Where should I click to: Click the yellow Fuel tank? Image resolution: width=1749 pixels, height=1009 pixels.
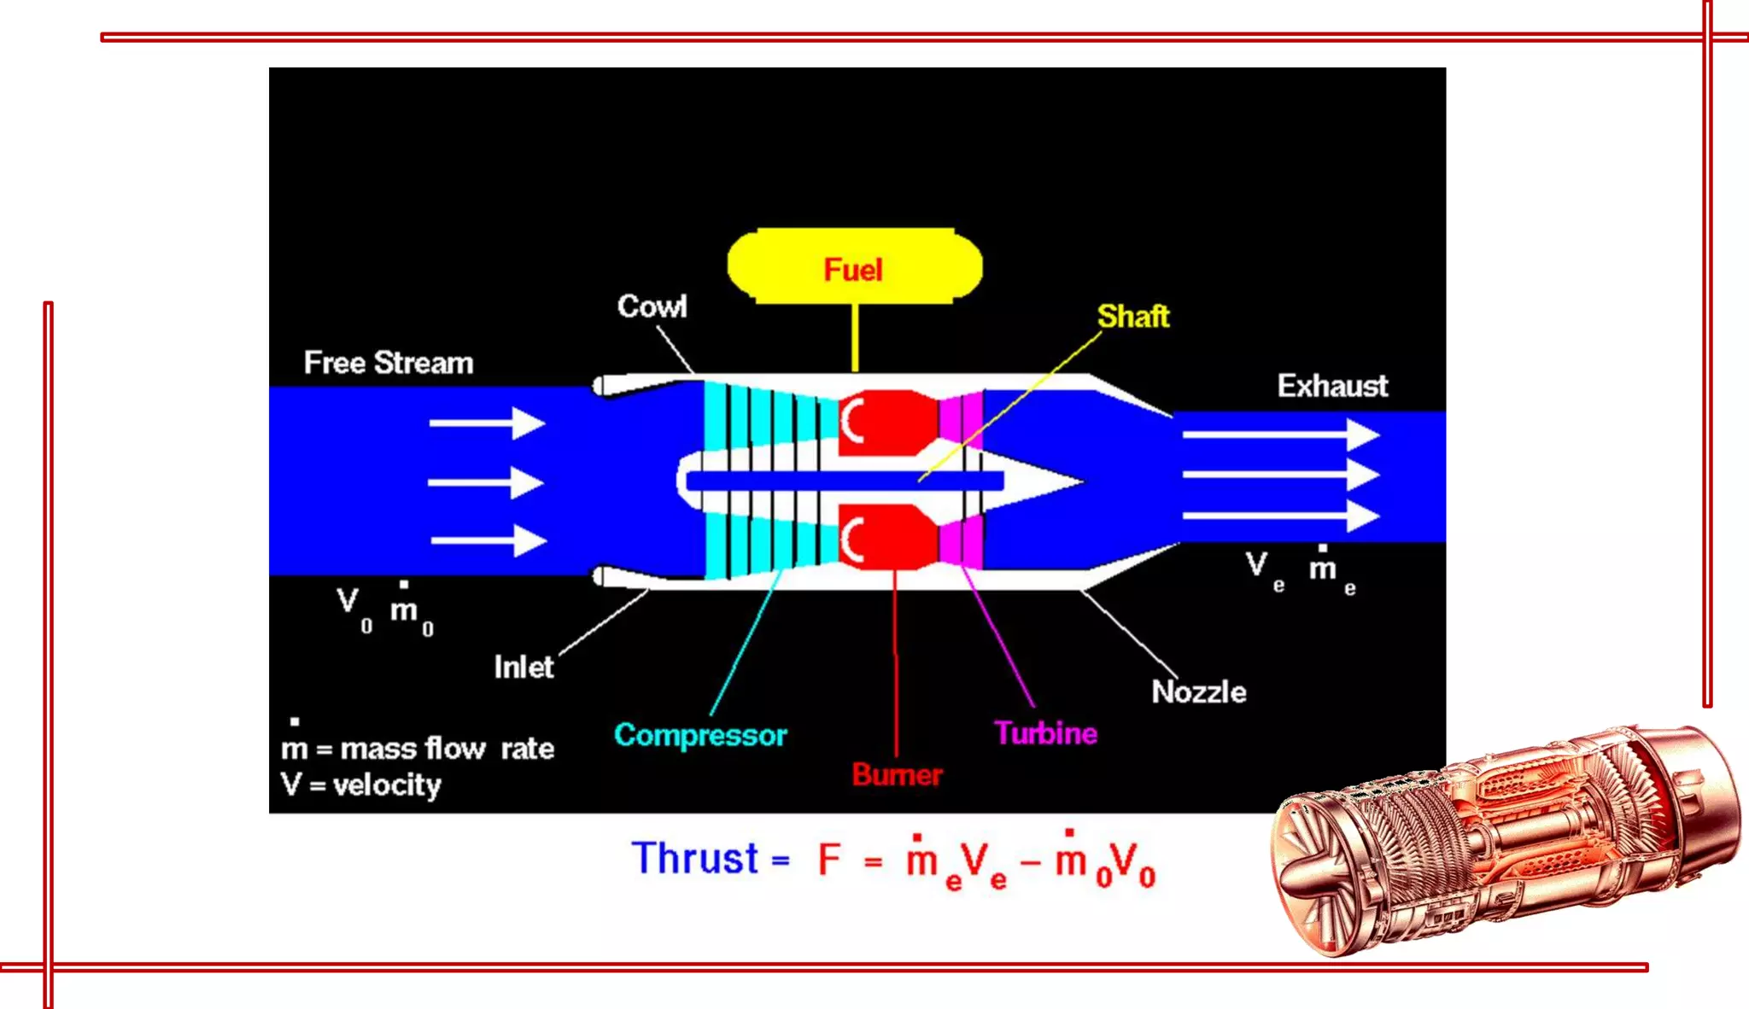click(x=854, y=266)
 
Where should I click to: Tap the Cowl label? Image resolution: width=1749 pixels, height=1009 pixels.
click(x=652, y=306)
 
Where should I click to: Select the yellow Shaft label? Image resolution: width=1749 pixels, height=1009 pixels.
click(x=1132, y=317)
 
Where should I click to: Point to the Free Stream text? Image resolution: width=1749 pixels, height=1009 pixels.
click(x=389, y=363)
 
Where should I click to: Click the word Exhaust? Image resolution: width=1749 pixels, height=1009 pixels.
click(x=1332, y=386)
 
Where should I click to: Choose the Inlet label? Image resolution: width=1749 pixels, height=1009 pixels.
click(x=524, y=667)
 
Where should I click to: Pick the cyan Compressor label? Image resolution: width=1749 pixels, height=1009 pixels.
click(x=700, y=735)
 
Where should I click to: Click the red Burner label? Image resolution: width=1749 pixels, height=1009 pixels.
click(x=897, y=774)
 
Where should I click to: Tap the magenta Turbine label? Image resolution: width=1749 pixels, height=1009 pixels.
click(x=1045, y=733)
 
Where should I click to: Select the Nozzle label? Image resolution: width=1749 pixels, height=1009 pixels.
click(x=1198, y=691)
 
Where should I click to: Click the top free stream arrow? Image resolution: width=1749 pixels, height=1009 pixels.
click(x=487, y=423)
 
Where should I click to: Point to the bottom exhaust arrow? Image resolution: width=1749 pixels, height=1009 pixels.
click(x=1281, y=516)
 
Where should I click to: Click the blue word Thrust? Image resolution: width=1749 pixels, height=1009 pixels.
click(x=695, y=859)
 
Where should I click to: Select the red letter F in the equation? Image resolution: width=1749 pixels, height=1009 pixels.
click(x=829, y=860)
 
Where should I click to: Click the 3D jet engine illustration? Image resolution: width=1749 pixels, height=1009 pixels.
click(x=1503, y=841)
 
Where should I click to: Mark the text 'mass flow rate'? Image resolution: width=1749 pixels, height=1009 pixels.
click(x=447, y=749)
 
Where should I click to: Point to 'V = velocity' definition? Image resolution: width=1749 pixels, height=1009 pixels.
click(x=360, y=784)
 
